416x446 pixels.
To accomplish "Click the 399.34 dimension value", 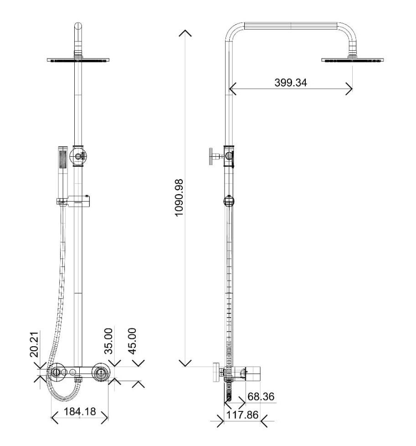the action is pyautogui.click(x=291, y=83).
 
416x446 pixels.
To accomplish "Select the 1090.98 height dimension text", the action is pyautogui.click(x=179, y=198).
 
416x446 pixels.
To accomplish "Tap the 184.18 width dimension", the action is pyautogui.click(x=80, y=411).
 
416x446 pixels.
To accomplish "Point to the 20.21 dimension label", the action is pyautogui.click(x=34, y=344).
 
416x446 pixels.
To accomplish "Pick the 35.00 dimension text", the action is pyautogui.click(x=108, y=341).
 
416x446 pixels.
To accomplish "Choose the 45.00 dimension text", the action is pyautogui.click(x=132, y=341).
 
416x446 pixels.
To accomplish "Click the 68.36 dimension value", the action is pyautogui.click(x=261, y=396).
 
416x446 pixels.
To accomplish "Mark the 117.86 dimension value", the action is pyautogui.click(x=242, y=415).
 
